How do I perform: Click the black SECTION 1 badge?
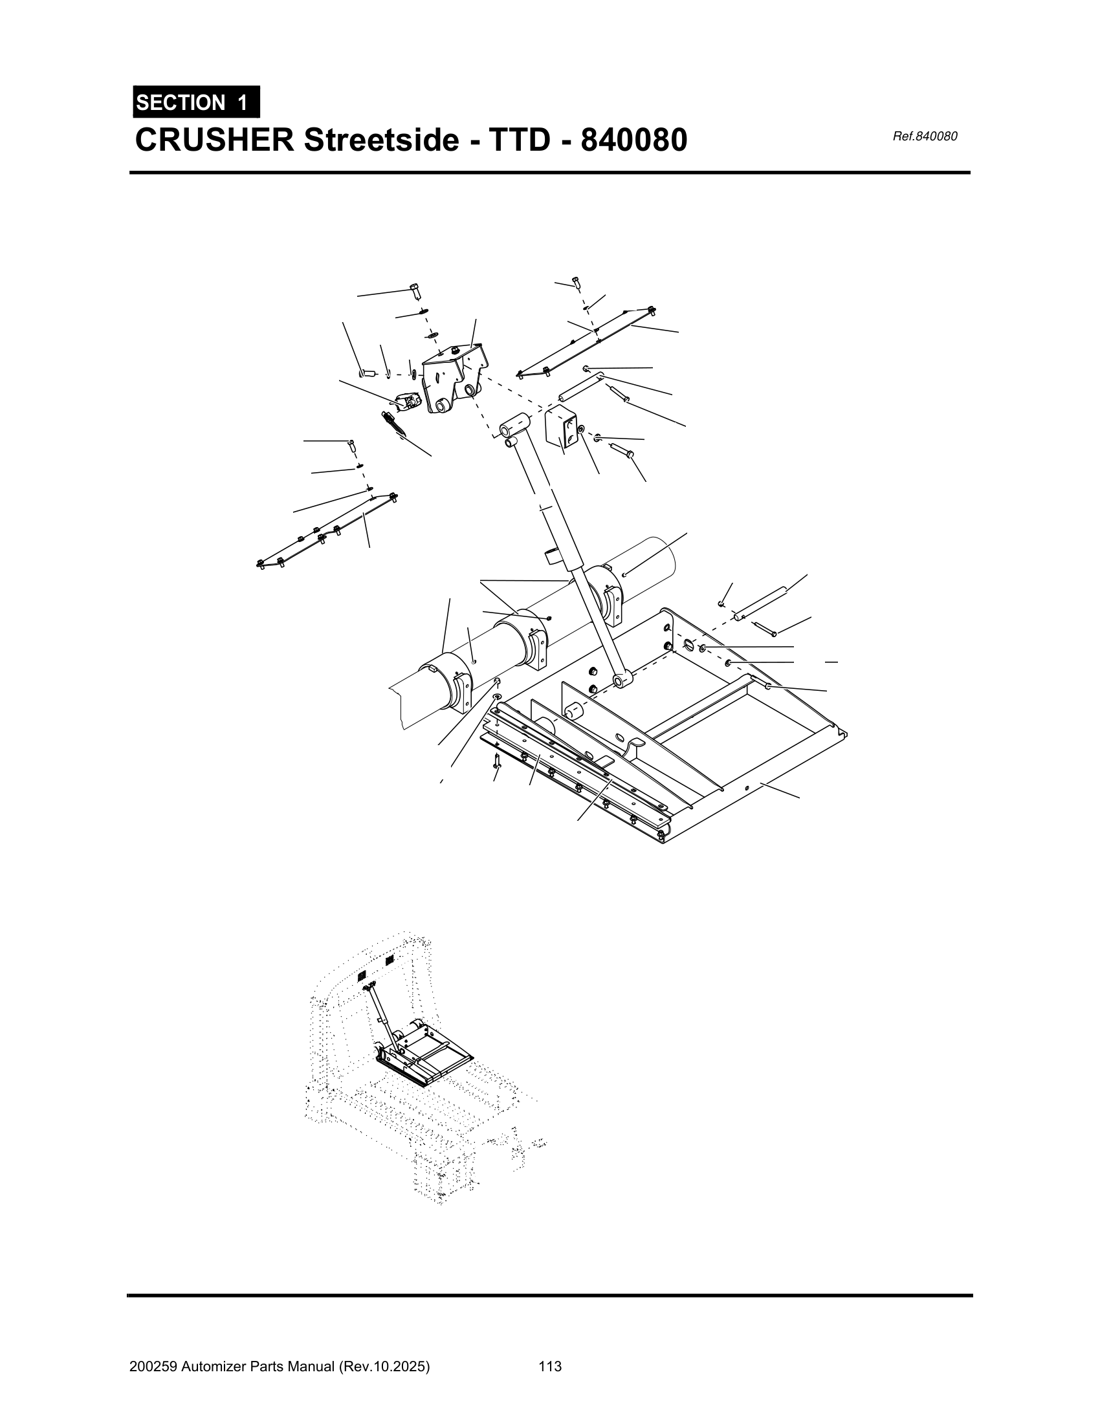(x=196, y=102)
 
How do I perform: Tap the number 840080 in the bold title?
(x=633, y=140)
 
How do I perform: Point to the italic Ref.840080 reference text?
(x=925, y=136)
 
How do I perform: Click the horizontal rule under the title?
(x=550, y=173)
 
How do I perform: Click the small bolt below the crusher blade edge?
(x=497, y=760)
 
